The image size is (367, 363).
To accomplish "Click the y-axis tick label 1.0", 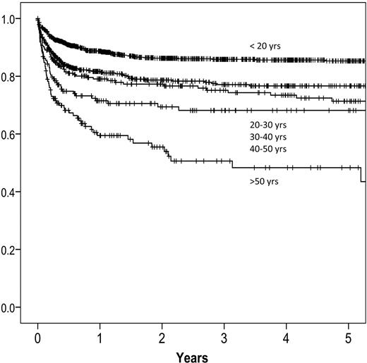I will (11, 19).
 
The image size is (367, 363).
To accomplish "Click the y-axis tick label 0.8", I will (11, 77).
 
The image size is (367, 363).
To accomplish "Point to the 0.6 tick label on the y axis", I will (11, 135).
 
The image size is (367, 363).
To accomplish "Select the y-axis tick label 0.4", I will (11, 192).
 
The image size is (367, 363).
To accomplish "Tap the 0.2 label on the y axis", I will (11, 250).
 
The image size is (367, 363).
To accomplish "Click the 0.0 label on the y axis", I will (11, 308).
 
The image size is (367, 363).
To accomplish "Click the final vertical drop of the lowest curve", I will (361, 174).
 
